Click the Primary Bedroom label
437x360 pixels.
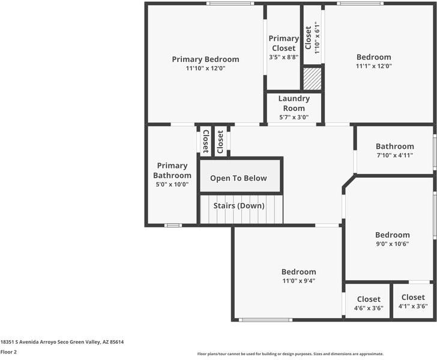point(205,59)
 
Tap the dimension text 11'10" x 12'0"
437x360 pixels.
point(205,68)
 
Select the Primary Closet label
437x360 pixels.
point(284,43)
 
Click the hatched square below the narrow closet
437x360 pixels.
point(312,79)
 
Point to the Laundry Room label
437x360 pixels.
point(294,103)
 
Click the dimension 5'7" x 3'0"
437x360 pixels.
point(294,118)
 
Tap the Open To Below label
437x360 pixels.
point(238,178)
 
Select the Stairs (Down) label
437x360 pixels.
point(239,206)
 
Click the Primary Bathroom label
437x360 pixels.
point(172,170)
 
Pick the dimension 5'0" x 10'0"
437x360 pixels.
point(172,184)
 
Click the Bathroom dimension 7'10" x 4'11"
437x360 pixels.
point(394,155)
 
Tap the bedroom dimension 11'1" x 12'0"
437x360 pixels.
point(374,66)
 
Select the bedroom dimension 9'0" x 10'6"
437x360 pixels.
point(393,244)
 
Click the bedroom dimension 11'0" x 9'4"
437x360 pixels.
point(299,281)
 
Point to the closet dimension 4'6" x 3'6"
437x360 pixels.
point(369,308)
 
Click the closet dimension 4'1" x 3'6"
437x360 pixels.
point(413,306)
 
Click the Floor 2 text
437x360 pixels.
point(8,352)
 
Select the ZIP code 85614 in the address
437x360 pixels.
point(117,342)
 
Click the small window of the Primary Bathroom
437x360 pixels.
point(173,226)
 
